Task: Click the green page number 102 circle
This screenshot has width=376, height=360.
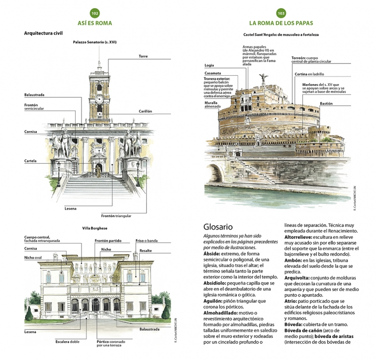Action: coord(95,13)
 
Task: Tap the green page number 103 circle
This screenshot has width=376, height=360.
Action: coord(281,13)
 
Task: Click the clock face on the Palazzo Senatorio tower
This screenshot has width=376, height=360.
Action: coord(99,99)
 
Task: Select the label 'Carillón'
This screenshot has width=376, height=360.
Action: coord(145,111)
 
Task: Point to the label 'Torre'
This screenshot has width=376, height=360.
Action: coord(143,56)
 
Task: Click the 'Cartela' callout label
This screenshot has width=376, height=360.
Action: coord(31,161)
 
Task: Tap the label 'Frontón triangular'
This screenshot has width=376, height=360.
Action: coord(116,216)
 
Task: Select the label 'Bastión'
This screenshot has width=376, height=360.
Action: coord(326,103)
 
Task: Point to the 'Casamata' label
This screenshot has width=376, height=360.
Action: coord(213,73)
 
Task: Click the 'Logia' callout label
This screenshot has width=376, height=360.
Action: coord(209,65)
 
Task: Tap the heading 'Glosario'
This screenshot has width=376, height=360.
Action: coord(218,227)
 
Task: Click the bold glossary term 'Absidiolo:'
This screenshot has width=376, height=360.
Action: coord(215,283)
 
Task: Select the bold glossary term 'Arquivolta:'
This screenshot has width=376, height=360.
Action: coord(297,278)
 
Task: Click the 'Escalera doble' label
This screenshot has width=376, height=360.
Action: coord(67,342)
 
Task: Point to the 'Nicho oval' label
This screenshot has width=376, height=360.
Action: coord(33,258)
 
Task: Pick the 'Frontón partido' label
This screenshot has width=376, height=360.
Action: coord(108,241)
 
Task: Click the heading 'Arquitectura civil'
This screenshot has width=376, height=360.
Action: coord(43,33)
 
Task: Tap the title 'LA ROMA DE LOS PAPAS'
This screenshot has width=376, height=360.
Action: coord(281,23)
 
